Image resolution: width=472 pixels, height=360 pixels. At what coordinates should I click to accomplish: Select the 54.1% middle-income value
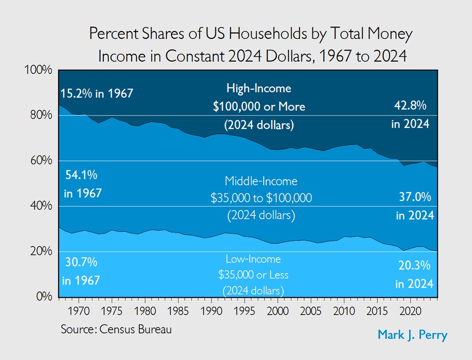coord(79,174)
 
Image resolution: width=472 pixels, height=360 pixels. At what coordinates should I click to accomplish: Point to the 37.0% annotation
coord(415,197)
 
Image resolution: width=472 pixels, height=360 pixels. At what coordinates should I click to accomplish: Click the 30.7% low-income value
coord(80,262)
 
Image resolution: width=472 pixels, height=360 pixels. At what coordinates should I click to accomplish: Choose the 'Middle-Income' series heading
coord(261,181)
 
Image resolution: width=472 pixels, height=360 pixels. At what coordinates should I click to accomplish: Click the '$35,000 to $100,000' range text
coord(261,198)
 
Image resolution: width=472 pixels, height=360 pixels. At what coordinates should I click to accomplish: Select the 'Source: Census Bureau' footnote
coord(116,329)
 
